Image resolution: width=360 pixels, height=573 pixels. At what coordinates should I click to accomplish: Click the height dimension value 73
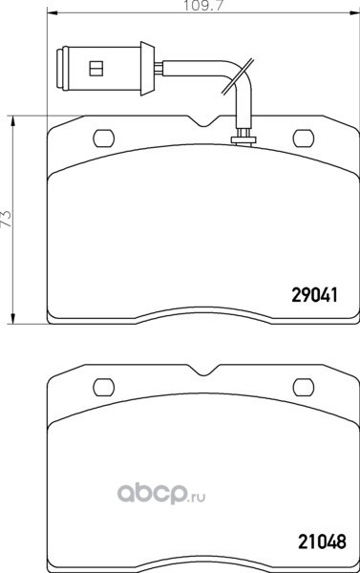[x=8, y=220]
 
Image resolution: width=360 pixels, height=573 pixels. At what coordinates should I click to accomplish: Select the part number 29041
[x=314, y=294]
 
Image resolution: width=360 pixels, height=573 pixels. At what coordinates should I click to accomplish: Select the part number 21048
[x=322, y=541]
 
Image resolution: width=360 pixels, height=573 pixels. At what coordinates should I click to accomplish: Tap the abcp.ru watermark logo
[x=160, y=494]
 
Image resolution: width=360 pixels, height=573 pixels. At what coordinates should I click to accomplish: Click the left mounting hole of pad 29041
[x=104, y=138]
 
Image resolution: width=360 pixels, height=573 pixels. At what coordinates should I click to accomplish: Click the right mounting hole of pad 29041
[x=304, y=138]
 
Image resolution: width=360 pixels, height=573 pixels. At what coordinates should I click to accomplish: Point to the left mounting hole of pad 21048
[x=104, y=388]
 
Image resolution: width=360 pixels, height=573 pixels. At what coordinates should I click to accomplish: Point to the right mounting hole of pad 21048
[x=304, y=388]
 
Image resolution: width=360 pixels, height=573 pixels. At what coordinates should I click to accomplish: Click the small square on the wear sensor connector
[x=96, y=69]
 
